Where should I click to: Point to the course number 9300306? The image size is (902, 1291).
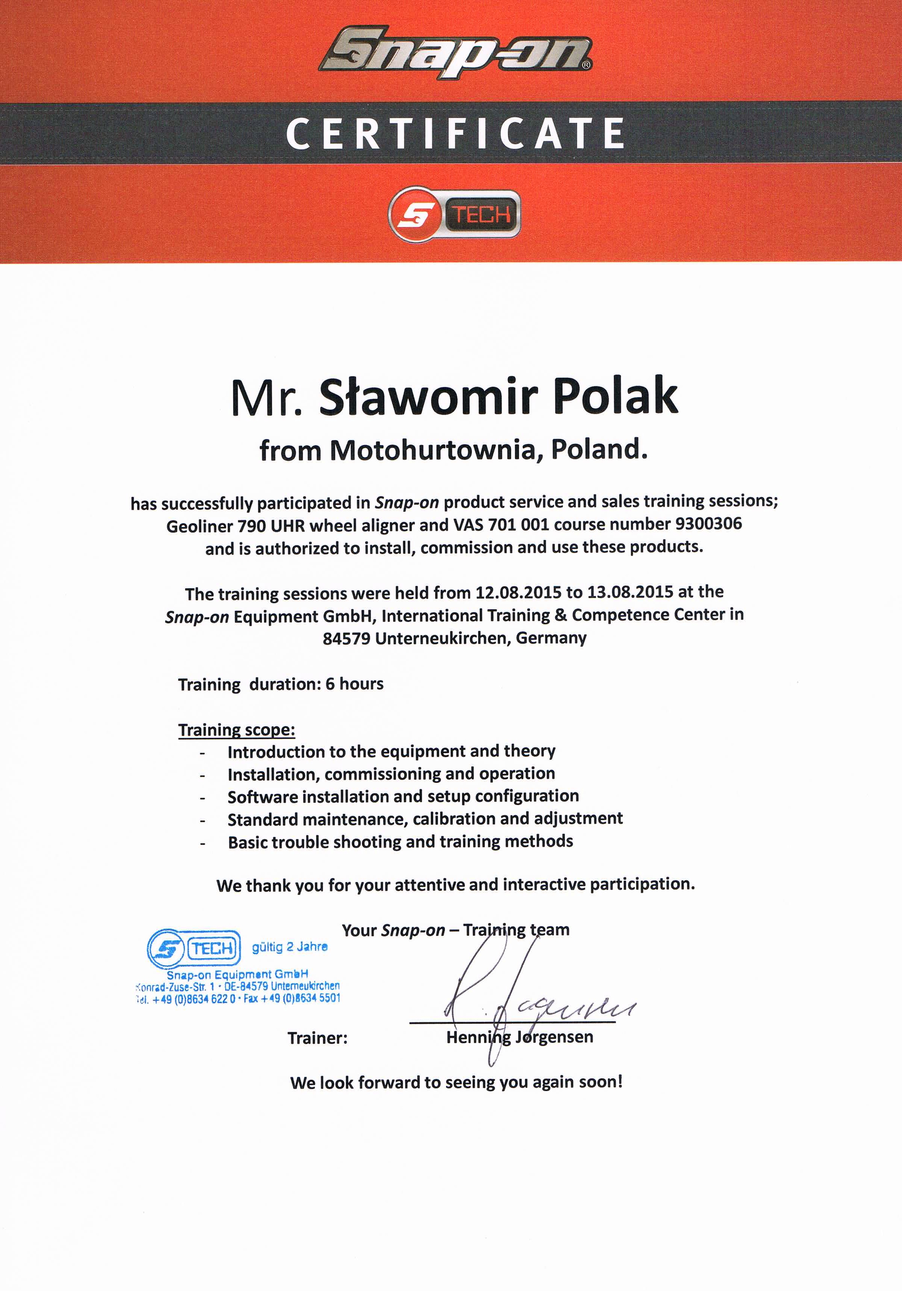708,524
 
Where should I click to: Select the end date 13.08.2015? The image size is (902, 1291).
630,592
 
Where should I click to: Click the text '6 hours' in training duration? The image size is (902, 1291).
354,684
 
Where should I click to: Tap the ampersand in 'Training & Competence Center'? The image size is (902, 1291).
560,615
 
